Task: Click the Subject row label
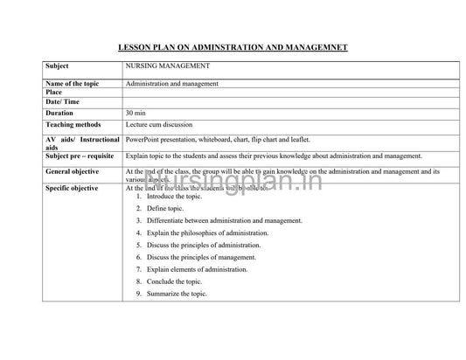coord(59,66)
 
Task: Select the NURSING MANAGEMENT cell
coord(167,66)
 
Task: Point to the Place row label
coord(54,93)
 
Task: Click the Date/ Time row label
coord(62,102)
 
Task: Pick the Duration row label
coord(60,114)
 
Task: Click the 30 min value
coord(136,114)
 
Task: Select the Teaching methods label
coord(73,125)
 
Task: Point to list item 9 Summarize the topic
coord(177,294)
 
